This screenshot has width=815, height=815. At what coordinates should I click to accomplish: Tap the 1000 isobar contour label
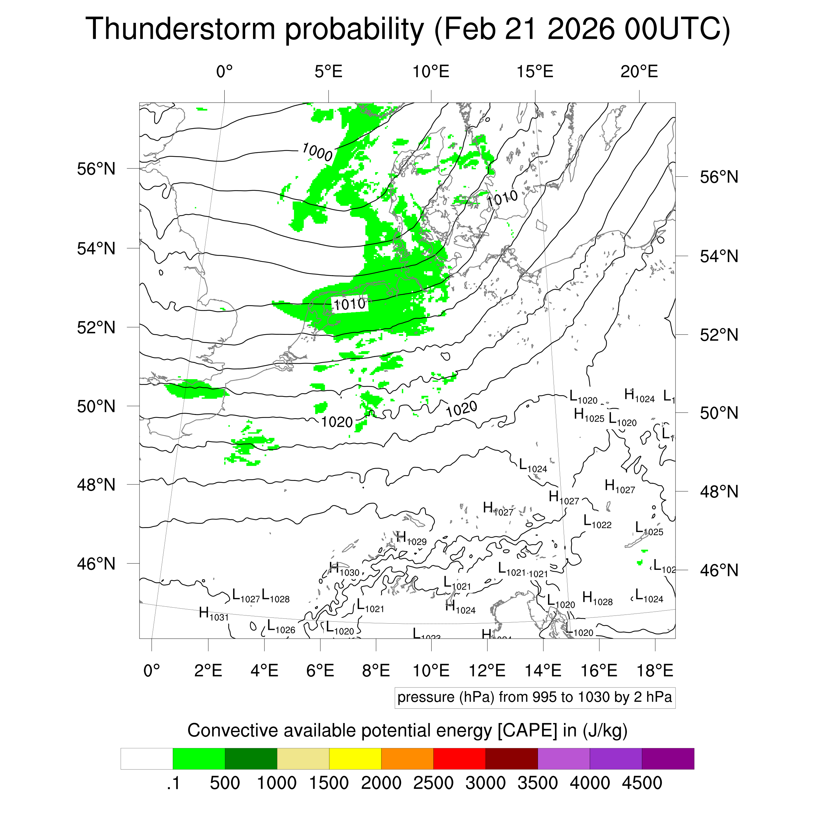point(318,152)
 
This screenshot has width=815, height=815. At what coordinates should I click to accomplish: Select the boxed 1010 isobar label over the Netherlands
point(350,304)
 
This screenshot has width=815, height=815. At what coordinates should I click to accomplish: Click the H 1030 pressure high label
point(344,570)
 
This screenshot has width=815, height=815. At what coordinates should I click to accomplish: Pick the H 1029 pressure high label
point(411,539)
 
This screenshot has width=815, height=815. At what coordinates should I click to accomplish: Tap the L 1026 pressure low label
point(281,627)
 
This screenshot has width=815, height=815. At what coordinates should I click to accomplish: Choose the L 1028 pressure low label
point(275,596)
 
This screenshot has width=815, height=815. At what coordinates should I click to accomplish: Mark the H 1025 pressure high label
point(589,416)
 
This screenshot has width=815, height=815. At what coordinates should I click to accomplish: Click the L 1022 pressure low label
point(597,522)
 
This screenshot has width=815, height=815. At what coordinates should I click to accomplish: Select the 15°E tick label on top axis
point(535,72)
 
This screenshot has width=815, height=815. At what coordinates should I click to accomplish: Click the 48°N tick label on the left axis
point(96,485)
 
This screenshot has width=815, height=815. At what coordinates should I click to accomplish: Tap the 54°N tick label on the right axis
point(719,256)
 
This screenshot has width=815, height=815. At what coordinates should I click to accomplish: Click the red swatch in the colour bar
point(459,759)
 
